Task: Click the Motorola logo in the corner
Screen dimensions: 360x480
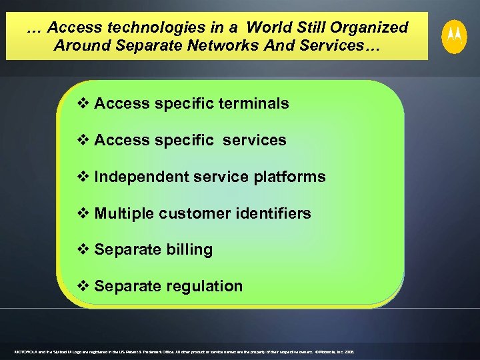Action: tap(455, 35)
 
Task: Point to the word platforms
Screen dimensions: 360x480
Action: tap(290, 177)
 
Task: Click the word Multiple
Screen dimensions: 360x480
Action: tap(122, 213)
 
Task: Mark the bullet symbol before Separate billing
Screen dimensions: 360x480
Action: tap(84, 250)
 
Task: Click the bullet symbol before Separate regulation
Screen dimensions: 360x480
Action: tap(84, 287)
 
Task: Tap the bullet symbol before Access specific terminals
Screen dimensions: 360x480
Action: tap(84, 103)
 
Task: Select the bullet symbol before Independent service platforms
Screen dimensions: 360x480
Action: tap(84, 177)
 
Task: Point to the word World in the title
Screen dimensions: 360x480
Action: tap(265, 28)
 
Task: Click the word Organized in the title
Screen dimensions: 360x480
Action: tap(368, 28)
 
